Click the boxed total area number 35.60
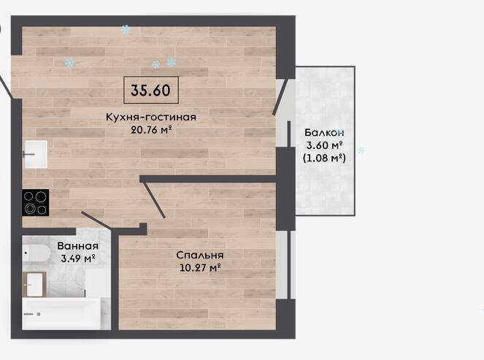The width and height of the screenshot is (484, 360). click(x=150, y=90)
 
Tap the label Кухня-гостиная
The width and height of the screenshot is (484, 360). click(x=151, y=117)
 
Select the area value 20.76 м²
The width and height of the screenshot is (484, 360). click(x=151, y=130)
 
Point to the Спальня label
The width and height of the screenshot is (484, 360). click(x=200, y=255)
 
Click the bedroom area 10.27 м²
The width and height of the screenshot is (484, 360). click(x=200, y=267)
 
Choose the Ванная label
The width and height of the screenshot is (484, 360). click(x=78, y=246)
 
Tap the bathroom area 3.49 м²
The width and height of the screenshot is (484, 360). click(x=78, y=258)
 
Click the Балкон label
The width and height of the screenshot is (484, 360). click(x=324, y=132)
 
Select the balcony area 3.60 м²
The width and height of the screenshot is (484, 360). click(x=324, y=145)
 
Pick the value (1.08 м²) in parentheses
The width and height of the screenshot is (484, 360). click(x=324, y=158)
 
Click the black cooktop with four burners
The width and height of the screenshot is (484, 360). click(x=36, y=202)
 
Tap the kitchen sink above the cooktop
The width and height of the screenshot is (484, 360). click(x=36, y=154)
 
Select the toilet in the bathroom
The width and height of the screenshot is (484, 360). click(x=36, y=253)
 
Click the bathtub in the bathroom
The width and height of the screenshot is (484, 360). click(x=61, y=314)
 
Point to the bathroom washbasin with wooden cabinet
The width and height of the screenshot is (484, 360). click(x=34, y=284)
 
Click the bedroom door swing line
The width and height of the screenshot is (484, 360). click(x=153, y=200)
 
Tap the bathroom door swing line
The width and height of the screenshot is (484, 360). click(x=96, y=221)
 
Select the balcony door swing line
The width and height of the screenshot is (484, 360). click(x=280, y=97)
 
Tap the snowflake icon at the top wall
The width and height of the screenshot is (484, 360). click(x=126, y=30)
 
